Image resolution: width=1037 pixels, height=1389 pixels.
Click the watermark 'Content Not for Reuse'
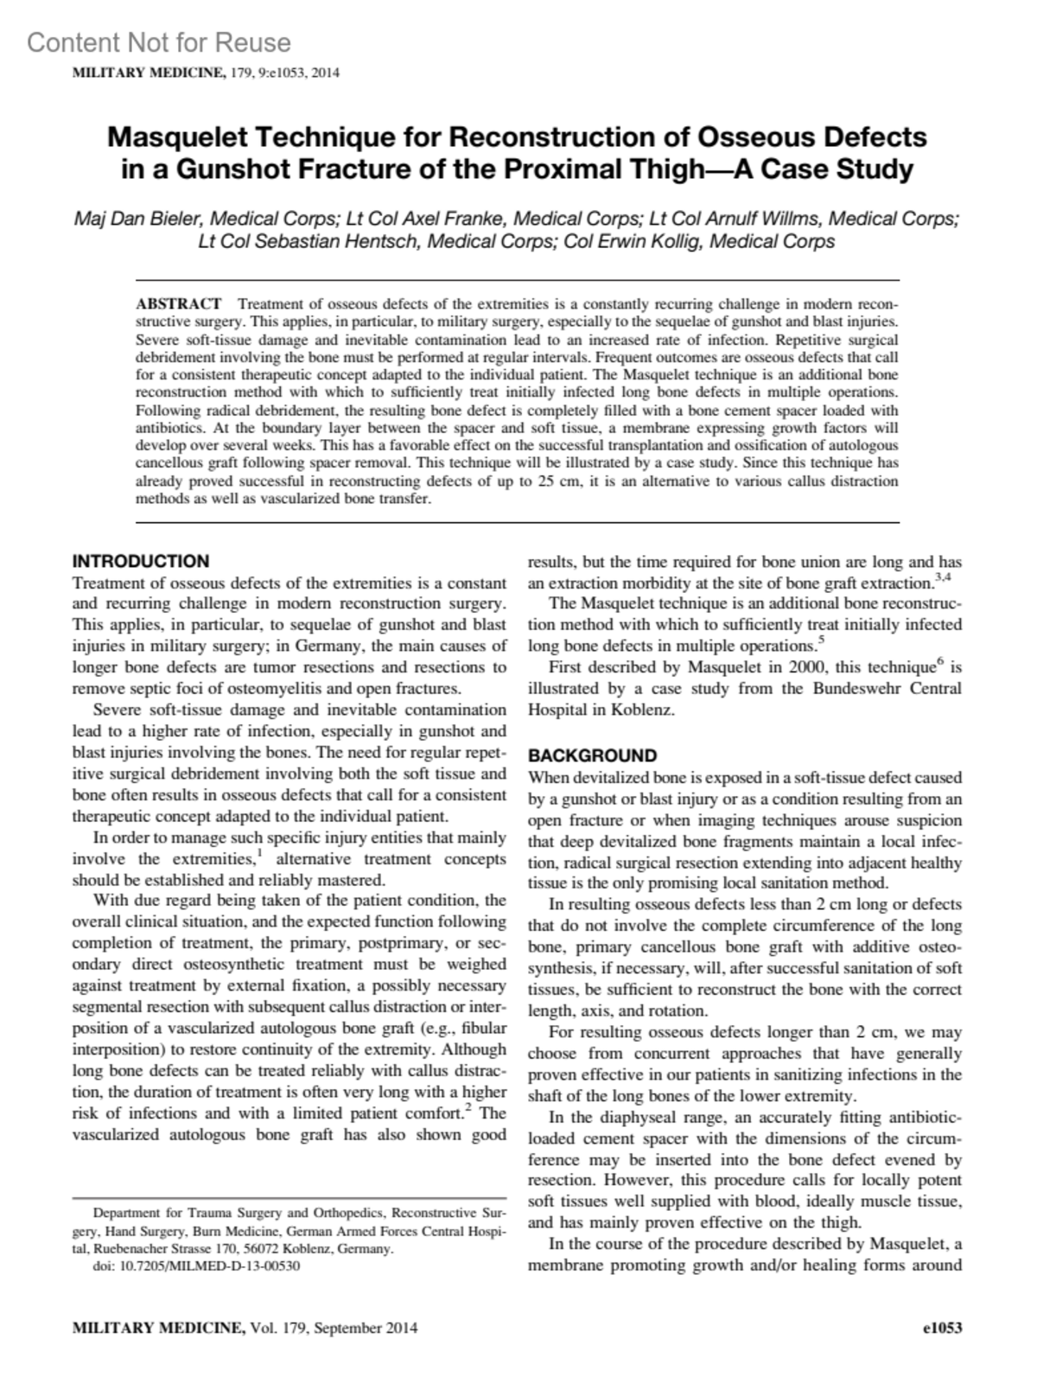tap(159, 42)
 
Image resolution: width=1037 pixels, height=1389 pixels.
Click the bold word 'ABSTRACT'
tap(179, 304)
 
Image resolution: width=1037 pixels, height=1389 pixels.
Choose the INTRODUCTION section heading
tap(141, 561)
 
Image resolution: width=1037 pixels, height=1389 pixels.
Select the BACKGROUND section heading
tap(593, 755)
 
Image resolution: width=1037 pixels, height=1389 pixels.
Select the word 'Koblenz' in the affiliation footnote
tap(303, 1249)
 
